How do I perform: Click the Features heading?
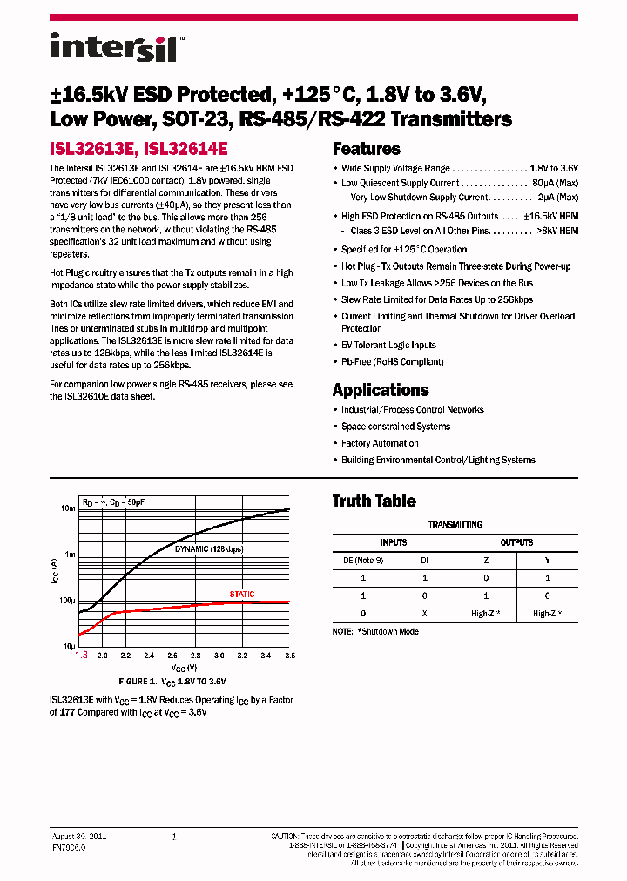[366, 149]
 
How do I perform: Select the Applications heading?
[381, 390]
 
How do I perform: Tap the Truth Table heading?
[374, 501]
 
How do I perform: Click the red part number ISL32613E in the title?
[93, 149]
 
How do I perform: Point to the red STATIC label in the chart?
[242, 595]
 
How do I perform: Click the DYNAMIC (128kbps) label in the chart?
[209, 549]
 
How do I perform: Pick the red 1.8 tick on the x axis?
[82, 655]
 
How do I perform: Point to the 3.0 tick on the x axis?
[219, 655]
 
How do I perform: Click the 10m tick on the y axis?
[67, 508]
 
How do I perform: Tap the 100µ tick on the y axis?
[66, 601]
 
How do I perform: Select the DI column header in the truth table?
[424, 561]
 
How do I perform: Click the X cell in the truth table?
[424, 614]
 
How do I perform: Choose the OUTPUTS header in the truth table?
[516, 542]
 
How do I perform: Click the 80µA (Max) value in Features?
[556, 184]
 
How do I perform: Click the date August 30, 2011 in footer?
[78, 835]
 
